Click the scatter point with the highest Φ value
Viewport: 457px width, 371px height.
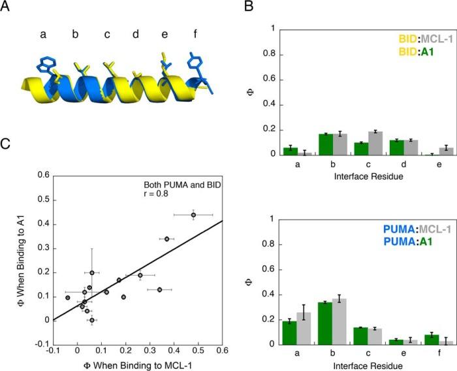[x=193, y=214]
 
